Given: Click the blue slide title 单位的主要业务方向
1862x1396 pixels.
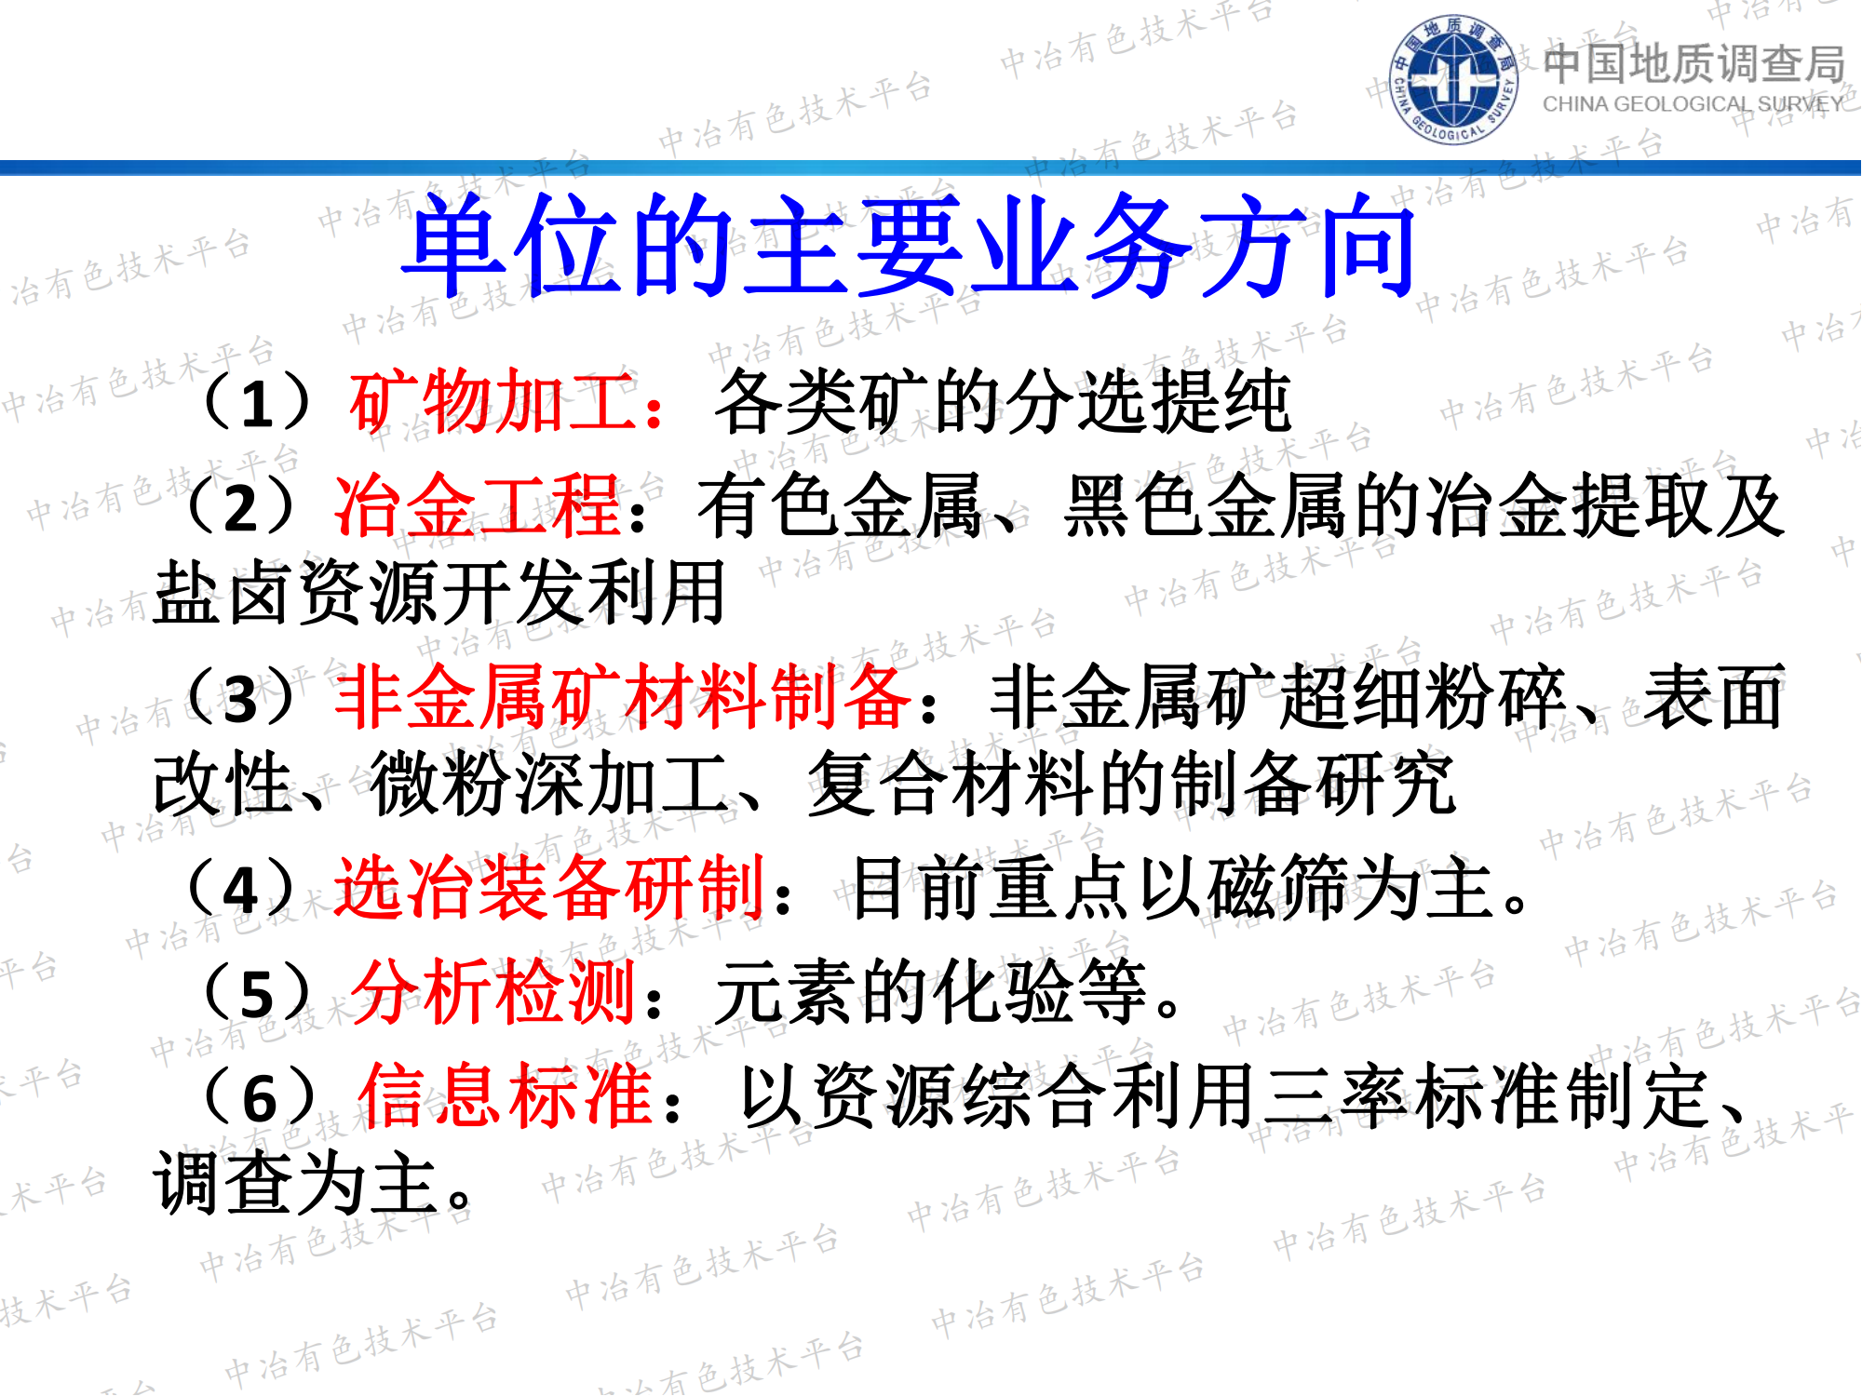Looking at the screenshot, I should tap(909, 246).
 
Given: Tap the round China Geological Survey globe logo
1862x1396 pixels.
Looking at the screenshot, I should tap(1453, 79).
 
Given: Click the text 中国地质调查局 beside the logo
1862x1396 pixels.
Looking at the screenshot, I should tap(1693, 63).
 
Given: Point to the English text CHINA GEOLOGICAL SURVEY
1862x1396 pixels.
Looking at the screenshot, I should tap(1692, 104).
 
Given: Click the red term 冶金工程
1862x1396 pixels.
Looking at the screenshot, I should tap(478, 506).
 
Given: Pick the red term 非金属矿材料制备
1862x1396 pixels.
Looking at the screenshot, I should tap(622, 698).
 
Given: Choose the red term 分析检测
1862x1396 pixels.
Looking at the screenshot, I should tap(493, 993).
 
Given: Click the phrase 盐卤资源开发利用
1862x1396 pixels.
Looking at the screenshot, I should tap(439, 593).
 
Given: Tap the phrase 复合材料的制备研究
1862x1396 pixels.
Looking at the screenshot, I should tap(1131, 785).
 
